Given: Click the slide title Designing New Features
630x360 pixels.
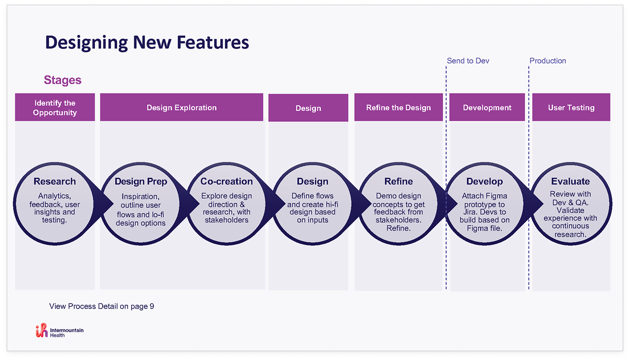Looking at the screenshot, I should (x=147, y=42).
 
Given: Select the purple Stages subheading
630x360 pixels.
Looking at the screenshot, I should (x=63, y=80).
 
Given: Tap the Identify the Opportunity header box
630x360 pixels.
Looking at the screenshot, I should (x=55, y=107).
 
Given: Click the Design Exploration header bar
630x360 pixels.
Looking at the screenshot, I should (x=181, y=107).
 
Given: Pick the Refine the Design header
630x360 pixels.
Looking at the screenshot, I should (x=398, y=107).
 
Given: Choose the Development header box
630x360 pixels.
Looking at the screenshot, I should (x=487, y=107).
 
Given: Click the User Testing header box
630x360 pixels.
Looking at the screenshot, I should (x=571, y=107).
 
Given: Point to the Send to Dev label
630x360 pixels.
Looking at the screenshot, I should (x=468, y=61).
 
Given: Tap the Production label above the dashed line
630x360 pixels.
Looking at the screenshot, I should (x=548, y=61).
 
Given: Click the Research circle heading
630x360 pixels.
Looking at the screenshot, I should (x=54, y=182).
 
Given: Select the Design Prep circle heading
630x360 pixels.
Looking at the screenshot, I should (x=141, y=182).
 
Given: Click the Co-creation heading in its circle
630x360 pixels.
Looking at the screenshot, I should (x=227, y=182).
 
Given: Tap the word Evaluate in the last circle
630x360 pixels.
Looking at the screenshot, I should (x=570, y=182).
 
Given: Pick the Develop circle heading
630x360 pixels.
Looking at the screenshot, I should (x=484, y=182).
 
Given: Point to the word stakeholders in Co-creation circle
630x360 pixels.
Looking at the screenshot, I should (x=227, y=220).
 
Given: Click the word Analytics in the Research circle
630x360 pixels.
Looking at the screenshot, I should (x=54, y=196).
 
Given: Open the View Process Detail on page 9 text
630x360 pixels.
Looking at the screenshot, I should (x=102, y=306).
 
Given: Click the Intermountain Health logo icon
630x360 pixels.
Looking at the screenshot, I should (x=41, y=330).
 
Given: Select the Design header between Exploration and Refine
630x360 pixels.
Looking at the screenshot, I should (x=308, y=108).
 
